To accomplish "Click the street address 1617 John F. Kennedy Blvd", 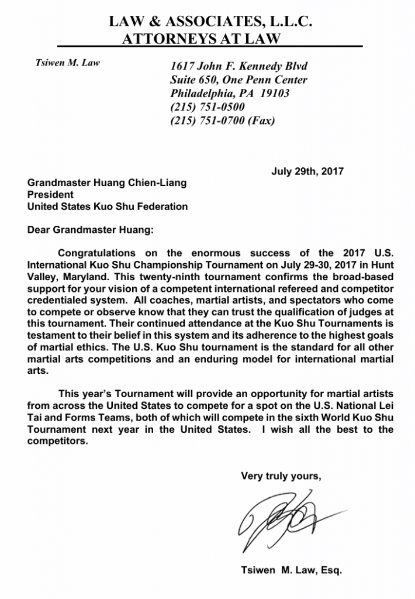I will pos(239,66).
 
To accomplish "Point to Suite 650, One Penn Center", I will pos(238,80).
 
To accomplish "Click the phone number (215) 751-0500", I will pos(207,107).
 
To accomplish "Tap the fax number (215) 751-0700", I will pos(207,121).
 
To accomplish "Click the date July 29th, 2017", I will pos(307,172).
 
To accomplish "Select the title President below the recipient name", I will pos(51,194).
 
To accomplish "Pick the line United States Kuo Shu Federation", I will pos(108,206).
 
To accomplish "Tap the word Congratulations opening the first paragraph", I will pos(99,253).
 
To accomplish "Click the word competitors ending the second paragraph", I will pos(57,441).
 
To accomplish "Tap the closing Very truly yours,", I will pos(281,476).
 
